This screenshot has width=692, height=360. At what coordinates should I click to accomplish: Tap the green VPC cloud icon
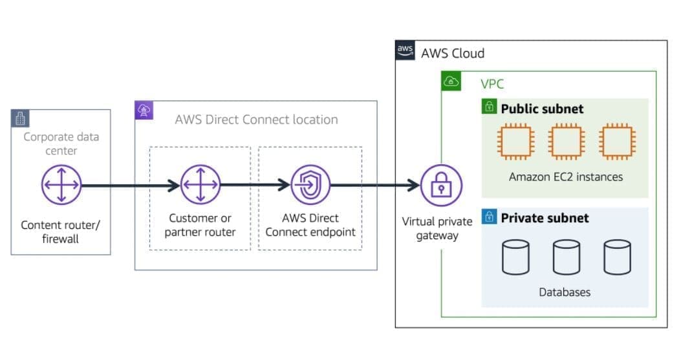pyautogui.click(x=451, y=81)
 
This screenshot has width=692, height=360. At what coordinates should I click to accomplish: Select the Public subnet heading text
pyautogui.click(x=542, y=109)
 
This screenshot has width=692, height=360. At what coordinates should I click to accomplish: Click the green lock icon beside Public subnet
pyautogui.click(x=490, y=107)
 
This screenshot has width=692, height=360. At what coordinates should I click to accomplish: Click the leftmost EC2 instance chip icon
pyautogui.click(x=515, y=141)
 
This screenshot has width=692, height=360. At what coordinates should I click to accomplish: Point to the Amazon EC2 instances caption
pyautogui.click(x=565, y=176)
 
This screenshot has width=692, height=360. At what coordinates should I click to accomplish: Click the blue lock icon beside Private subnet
pyautogui.click(x=490, y=217)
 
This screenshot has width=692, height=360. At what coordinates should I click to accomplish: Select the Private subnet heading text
pyautogui.click(x=545, y=218)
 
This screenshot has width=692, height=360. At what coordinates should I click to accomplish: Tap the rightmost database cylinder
pyautogui.click(x=617, y=257)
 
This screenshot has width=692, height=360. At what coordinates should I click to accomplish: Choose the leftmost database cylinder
pyautogui.click(x=515, y=257)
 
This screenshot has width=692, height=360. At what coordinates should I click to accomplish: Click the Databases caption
pyautogui.click(x=565, y=292)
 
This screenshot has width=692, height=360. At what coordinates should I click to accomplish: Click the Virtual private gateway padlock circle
pyautogui.click(x=442, y=185)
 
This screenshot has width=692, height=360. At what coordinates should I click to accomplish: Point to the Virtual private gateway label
pyautogui.click(x=437, y=229)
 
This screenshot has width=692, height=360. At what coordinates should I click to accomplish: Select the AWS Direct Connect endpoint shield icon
pyautogui.click(x=310, y=185)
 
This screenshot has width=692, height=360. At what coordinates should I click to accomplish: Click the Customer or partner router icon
pyautogui.click(x=200, y=185)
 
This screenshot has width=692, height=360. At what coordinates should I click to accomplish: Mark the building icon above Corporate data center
pyautogui.click(x=21, y=118)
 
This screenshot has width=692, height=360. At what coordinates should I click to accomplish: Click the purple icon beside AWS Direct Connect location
pyautogui.click(x=144, y=110)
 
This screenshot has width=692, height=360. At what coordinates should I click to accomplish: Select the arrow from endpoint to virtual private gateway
pyautogui.click(x=375, y=185)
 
